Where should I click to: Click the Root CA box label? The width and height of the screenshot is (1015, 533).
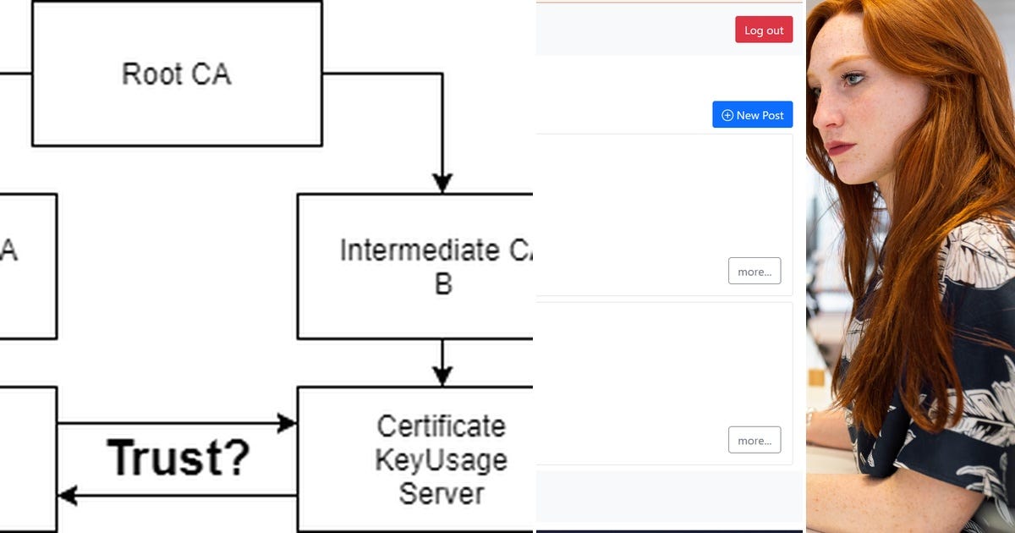coord(176,74)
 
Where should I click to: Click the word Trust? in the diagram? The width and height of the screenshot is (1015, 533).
coord(178,458)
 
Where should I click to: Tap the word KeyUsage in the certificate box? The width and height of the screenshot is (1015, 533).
coord(441,460)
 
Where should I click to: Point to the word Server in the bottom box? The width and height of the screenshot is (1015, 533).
coord(441,493)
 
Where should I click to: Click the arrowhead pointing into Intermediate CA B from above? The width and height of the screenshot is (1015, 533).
coord(442,183)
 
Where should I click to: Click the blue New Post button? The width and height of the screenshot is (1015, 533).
coord(752,115)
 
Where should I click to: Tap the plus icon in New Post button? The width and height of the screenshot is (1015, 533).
coord(727,115)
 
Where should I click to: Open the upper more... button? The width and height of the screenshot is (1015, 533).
coord(754,272)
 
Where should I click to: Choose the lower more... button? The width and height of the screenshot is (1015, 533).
coord(754,440)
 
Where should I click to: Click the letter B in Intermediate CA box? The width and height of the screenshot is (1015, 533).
coord(443,284)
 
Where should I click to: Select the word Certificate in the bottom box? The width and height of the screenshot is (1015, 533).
coord(441,426)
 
